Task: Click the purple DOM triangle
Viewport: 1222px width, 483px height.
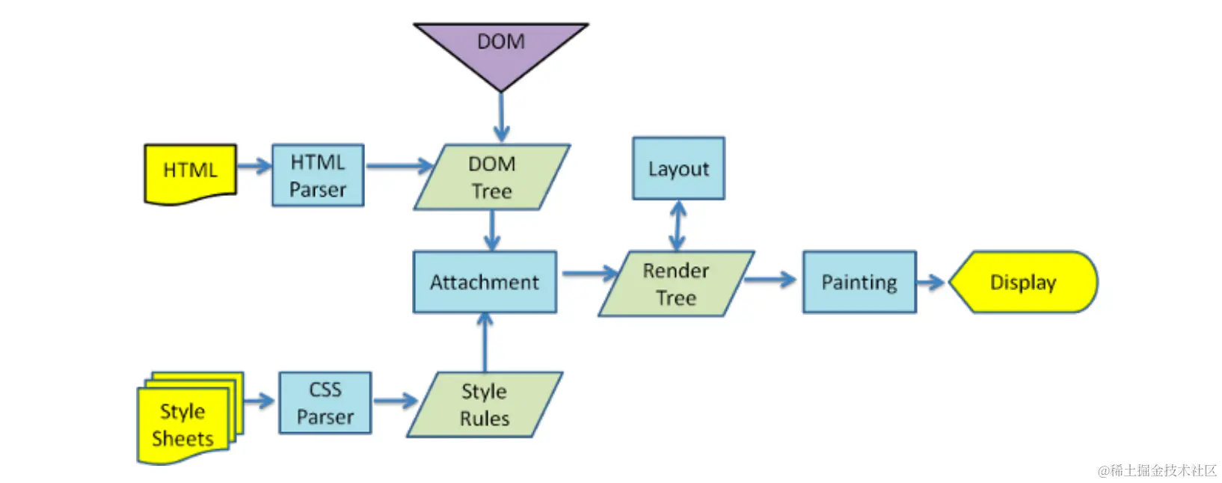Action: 500,49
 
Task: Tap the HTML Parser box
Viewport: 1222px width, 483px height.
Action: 318,176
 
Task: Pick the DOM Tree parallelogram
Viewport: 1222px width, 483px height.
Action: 491,177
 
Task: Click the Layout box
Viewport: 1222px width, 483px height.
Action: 678,168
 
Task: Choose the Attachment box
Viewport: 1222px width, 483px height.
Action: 485,282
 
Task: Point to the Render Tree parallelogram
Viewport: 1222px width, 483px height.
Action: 676,284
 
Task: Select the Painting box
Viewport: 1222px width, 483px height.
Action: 859,282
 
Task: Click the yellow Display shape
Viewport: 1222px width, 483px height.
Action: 1022,282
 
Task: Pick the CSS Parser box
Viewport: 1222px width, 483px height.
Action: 325,403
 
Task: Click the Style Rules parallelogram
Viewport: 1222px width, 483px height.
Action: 485,404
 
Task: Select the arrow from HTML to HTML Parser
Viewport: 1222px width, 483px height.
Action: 254,166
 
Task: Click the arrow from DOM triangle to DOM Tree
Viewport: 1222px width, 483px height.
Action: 501,117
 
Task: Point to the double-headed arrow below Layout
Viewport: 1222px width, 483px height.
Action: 678,225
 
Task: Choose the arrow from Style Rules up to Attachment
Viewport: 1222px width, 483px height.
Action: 485,342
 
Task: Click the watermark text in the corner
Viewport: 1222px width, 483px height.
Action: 1157,470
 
